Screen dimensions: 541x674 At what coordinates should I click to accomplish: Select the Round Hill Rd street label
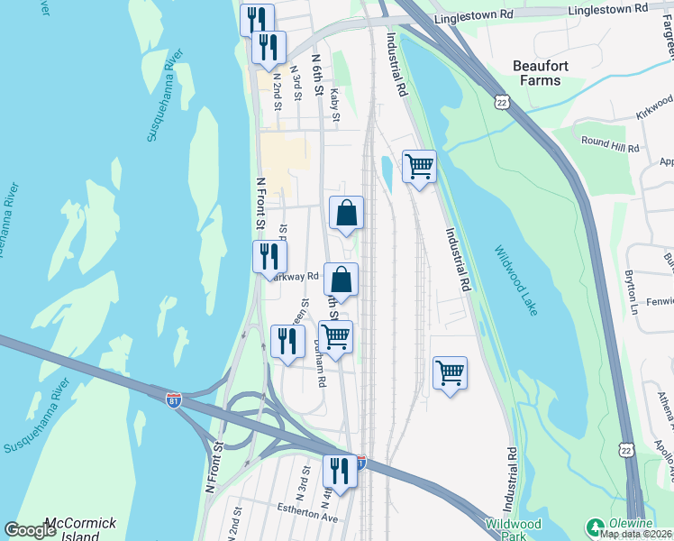(610, 142)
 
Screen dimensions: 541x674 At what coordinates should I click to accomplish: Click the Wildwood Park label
(514, 529)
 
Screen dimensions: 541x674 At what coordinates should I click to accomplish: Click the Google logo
(31, 530)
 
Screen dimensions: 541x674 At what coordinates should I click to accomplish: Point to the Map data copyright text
(636, 534)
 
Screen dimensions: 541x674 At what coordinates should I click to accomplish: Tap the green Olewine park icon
(595, 526)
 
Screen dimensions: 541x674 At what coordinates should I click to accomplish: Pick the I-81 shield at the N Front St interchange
(174, 398)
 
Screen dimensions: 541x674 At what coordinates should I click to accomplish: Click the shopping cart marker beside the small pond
(419, 166)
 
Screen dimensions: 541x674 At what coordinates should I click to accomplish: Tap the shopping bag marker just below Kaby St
(346, 213)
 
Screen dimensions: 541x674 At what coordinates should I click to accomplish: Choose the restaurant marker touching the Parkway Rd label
(269, 257)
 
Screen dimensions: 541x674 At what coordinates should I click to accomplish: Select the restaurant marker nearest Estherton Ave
(340, 470)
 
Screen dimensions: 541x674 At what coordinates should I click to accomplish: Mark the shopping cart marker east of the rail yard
(450, 371)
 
